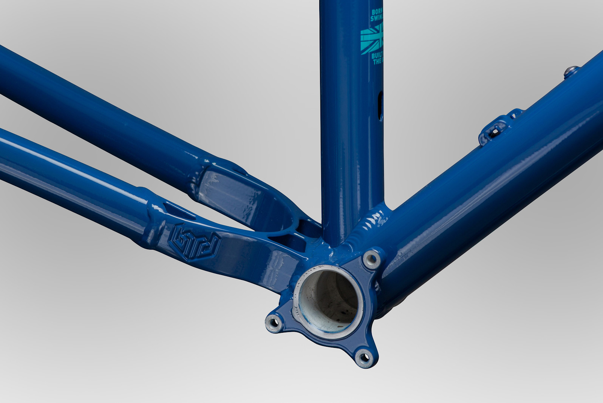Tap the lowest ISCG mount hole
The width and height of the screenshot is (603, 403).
click(x=364, y=355)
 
